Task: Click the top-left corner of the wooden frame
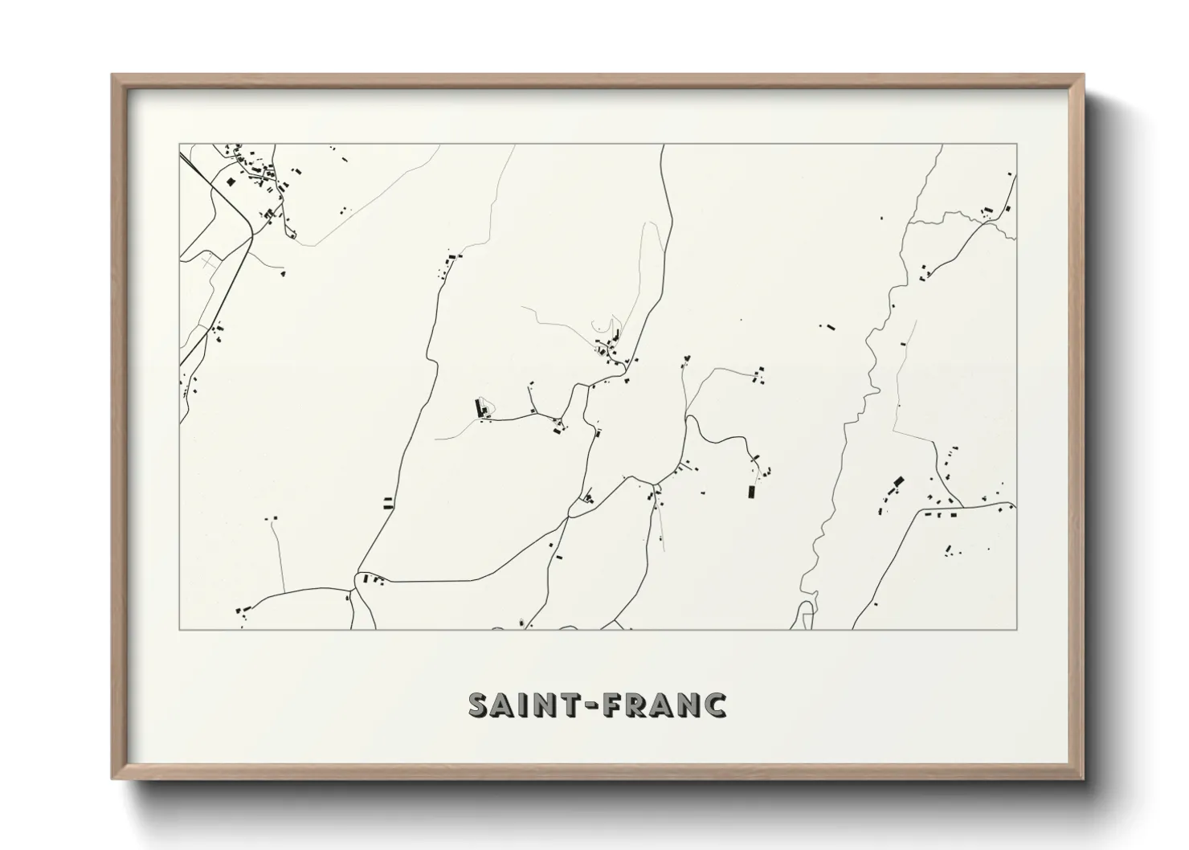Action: (x=112, y=76)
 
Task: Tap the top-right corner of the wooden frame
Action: (x=1083, y=76)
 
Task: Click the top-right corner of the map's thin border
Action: (x=1017, y=144)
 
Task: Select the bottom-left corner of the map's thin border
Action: (x=180, y=629)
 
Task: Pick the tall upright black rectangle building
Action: (x=752, y=492)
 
